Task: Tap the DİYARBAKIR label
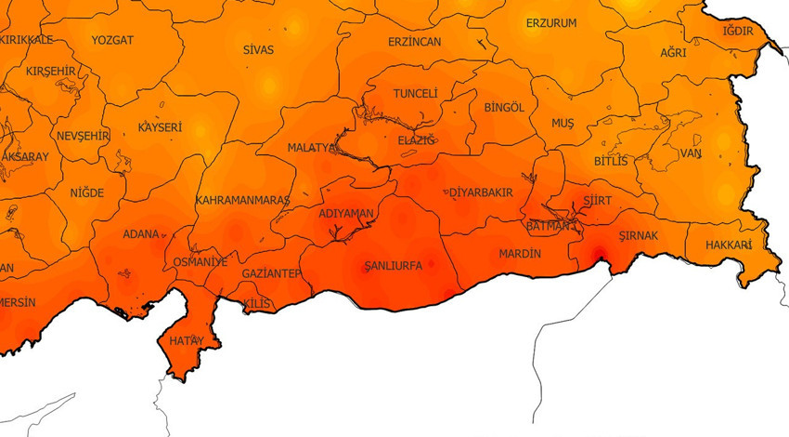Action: (481, 192)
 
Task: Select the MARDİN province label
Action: (521, 253)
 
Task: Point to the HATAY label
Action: (185, 340)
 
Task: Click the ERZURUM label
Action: (550, 23)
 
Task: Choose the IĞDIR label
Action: (737, 31)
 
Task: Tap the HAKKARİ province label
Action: (728, 245)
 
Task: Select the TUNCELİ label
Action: (415, 95)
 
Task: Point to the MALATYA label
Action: (311, 148)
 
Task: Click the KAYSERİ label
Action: (160, 127)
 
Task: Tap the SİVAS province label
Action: (258, 49)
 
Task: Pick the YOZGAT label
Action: (112, 40)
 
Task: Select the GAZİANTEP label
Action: (271, 273)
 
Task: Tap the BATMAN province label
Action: (547, 226)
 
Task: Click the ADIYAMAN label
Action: (345, 214)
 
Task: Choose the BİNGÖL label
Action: (504, 108)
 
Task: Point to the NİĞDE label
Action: (87, 193)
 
